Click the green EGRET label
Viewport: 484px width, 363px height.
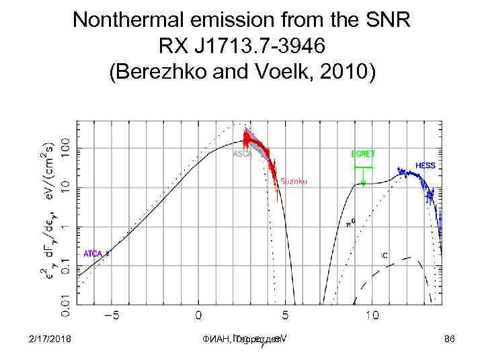coord(363,154)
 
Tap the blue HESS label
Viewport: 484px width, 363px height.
coord(426,165)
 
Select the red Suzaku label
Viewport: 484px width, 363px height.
coord(293,182)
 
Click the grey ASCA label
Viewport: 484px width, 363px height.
coord(241,154)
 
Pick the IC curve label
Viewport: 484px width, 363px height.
coord(384,255)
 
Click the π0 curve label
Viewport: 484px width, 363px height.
coord(350,225)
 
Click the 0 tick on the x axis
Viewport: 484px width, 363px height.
coord(198,315)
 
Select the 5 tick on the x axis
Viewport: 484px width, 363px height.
coord(285,315)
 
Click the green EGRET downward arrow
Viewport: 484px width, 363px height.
coord(363,178)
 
